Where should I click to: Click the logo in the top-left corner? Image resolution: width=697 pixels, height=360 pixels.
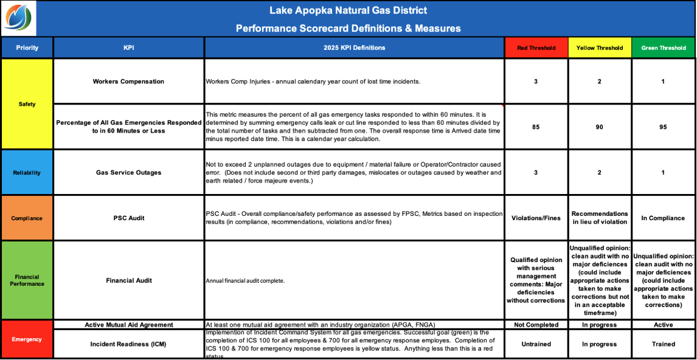click(18, 18)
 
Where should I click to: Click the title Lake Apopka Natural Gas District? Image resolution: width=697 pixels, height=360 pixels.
click(348, 10)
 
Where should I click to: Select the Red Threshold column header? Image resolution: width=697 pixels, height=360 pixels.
click(536, 48)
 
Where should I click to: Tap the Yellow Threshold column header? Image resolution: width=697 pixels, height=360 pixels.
click(599, 48)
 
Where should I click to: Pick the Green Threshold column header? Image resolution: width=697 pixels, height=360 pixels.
click(663, 48)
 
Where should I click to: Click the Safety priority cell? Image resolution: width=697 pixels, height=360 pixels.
click(27, 104)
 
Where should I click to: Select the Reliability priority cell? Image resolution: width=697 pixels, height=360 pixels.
click(27, 173)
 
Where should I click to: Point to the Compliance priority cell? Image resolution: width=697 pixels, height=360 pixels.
click(27, 218)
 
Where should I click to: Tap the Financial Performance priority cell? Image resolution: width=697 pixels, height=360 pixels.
click(27, 280)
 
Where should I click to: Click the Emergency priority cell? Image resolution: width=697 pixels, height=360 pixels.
click(27, 339)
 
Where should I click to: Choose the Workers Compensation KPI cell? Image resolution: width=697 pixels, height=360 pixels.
click(128, 81)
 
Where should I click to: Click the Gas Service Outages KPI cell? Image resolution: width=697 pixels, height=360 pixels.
click(128, 173)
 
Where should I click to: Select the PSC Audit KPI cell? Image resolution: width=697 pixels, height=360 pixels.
click(128, 218)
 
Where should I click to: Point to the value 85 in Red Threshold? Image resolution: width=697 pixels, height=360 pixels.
click(536, 127)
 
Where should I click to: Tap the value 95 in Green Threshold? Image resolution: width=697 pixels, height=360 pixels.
click(663, 127)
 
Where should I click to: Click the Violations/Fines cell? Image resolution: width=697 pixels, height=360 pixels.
click(536, 218)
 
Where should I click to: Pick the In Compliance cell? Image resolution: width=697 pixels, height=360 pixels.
click(663, 218)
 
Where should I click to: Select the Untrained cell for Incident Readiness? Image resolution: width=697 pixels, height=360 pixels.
click(536, 344)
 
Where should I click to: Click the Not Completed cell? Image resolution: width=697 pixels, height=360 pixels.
click(536, 325)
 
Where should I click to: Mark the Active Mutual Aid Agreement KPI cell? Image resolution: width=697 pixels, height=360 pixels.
click(128, 325)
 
